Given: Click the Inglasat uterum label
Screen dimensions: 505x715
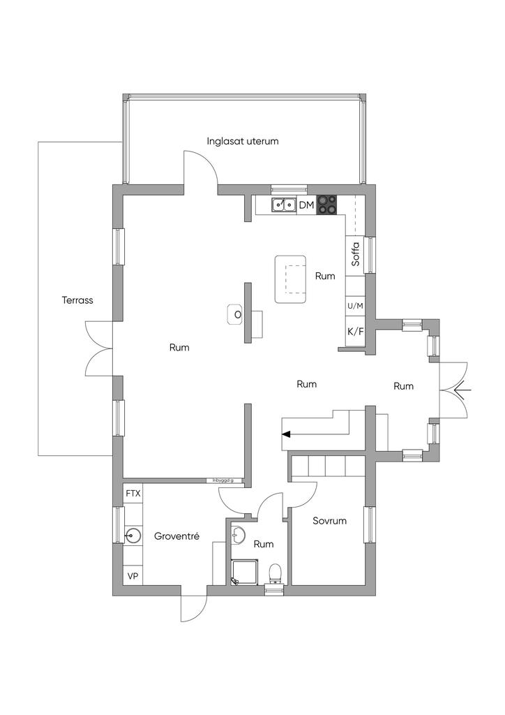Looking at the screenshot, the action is [x=243, y=141].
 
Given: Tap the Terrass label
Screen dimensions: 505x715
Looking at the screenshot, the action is [x=77, y=300].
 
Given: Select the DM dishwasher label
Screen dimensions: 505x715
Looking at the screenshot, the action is [x=307, y=205].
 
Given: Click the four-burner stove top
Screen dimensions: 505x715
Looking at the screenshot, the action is [x=327, y=205].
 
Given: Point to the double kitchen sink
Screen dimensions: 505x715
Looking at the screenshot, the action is [x=284, y=205].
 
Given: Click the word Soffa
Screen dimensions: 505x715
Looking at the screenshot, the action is [x=355, y=254].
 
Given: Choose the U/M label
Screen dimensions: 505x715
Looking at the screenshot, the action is [x=355, y=307].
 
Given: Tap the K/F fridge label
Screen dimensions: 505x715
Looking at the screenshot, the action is [x=355, y=330].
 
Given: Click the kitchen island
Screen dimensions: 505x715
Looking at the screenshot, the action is [x=291, y=279].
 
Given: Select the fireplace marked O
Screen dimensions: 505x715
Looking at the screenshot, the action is [x=237, y=315].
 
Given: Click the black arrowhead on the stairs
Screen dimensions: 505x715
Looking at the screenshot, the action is [x=286, y=434].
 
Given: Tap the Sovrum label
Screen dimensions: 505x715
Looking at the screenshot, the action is [x=330, y=521].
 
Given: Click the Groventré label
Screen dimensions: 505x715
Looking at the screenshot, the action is [x=177, y=536].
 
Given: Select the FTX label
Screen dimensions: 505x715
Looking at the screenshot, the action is [x=133, y=494].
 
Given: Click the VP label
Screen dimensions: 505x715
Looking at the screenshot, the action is [x=133, y=577].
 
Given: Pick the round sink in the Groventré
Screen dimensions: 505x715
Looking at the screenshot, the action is [x=133, y=536].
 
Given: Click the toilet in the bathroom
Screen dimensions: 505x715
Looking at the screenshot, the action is [x=276, y=573].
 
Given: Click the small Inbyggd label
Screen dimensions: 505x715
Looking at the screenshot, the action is [x=223, y=480].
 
